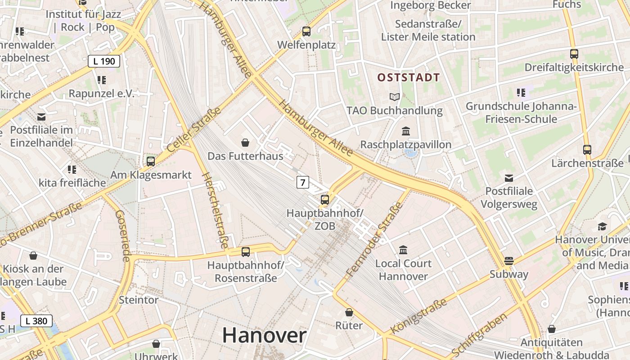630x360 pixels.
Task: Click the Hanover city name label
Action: point(264,335)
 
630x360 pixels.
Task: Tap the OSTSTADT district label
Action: point(408,77)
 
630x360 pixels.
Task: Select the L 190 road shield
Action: point(104,61)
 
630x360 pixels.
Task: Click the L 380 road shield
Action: point(36,321)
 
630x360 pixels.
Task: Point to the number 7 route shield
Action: point(303,182)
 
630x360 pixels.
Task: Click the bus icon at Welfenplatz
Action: point(306,31)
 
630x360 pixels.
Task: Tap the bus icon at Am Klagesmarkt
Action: point(151,161)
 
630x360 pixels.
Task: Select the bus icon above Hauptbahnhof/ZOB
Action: point(325,200)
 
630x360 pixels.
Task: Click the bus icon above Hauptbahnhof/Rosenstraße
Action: point(246,252)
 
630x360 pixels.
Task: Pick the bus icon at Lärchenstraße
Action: point(587,150)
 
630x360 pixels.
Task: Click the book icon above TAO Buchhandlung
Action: point(395,97)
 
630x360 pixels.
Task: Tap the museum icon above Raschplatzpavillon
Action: point(406,131)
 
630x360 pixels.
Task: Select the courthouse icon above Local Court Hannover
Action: point(403,250)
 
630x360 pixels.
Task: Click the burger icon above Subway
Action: point(509,261)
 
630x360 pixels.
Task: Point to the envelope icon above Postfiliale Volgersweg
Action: point(509,178)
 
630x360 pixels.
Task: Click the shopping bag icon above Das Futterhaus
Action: point(246,143)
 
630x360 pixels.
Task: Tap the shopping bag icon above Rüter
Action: point(349,312)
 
